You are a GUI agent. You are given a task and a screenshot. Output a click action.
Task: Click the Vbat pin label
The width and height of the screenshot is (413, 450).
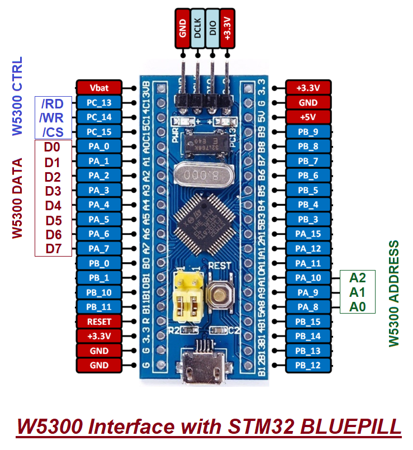(x=99, y=88)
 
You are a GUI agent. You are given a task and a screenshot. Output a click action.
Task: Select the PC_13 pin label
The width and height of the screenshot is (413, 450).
(x=99, y=103)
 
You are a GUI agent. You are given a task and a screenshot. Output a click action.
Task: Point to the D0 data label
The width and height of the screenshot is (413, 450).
(x=53, y=147)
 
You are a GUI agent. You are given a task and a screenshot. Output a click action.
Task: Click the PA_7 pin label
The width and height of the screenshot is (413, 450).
(x=99, y=248)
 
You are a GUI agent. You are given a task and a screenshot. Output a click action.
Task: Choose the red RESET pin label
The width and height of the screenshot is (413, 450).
(x=99, y=321)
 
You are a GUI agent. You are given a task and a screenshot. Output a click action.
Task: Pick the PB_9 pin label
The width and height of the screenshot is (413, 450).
(x=308, y=132)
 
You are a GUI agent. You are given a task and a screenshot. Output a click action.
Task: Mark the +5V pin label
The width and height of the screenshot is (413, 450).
(x=308, y=117)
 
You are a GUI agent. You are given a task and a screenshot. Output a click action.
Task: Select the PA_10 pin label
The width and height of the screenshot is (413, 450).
(x=308, y=278)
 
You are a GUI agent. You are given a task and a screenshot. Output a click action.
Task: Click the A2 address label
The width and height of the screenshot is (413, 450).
(x=357, y=277)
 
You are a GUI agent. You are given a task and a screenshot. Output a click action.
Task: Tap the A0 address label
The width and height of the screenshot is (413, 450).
(x=357, y=306)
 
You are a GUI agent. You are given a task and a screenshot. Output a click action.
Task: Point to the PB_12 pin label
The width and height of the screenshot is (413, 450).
(x=308, y=365)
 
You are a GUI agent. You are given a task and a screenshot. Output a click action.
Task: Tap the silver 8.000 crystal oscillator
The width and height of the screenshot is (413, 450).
(x=201, y=174)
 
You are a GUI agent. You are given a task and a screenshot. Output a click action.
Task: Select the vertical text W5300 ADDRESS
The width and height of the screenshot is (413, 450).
(x=395, y=293)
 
